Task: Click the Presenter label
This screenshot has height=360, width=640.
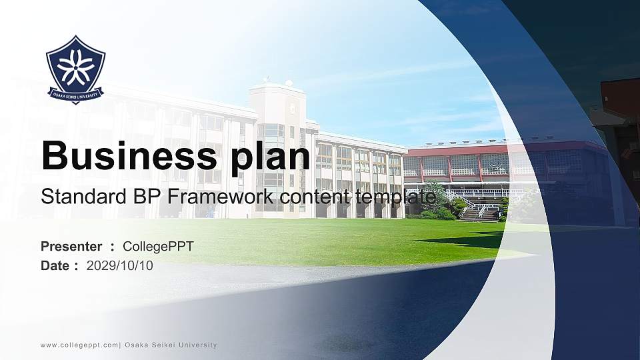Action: [71, 247]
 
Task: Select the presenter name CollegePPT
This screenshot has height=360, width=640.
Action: [158, 247]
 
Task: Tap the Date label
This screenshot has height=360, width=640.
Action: [55, 266]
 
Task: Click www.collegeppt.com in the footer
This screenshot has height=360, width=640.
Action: [79, 345]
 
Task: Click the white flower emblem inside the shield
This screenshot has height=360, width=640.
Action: [75, 65]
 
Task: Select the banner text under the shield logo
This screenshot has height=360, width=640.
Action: [75, 94]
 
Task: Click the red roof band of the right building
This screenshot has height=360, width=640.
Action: [507, 147]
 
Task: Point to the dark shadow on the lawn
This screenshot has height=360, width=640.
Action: [467, 240]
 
